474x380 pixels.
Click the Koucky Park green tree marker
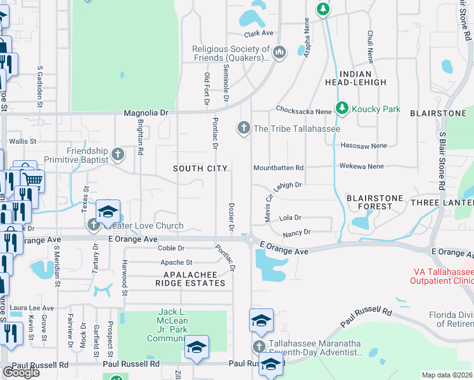pos(342,109)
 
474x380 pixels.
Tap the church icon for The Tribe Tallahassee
pos(243,129)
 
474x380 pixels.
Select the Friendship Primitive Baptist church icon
pos(117,154)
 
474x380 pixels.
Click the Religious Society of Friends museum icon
pos(279,51)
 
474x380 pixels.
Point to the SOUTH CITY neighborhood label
pos(200,168)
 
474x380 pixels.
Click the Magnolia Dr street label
pos(146,112)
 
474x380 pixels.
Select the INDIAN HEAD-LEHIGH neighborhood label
pos(355,78)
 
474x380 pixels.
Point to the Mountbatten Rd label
pos(278,168)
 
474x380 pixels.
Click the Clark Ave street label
pos(259,34)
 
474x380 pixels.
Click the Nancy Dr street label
pos(297,232)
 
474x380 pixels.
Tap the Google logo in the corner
pos(21,372)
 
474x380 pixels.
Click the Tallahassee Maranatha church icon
pos(259,346)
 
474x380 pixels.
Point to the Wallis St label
pos(23,141)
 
